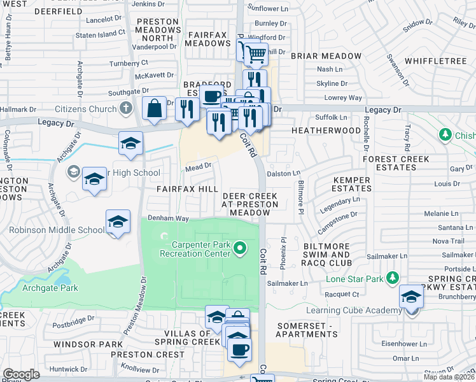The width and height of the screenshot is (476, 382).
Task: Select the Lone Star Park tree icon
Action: tap(393, 277)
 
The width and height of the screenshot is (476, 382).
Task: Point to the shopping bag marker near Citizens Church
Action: tap(154, 110)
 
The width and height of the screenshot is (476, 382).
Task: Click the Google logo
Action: tap(21, 374)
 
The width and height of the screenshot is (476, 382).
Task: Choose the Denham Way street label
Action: tap(169, 218)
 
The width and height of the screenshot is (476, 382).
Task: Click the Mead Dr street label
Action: tap(198, 166)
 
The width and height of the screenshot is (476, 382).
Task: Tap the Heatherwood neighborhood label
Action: tap(326, 130)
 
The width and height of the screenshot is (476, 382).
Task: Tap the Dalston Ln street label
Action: tap(283, 173)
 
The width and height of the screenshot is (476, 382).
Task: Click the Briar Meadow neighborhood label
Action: tap(326, 56)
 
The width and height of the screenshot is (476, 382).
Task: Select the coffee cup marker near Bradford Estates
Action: tap(212, 96)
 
